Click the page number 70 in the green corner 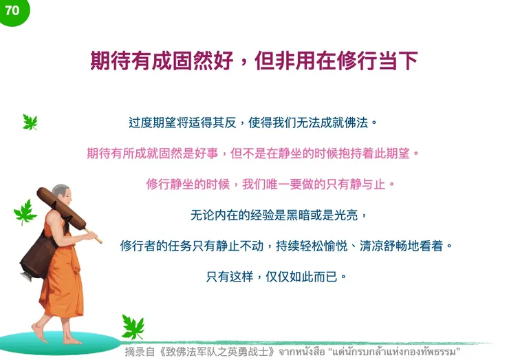tap(12, 10)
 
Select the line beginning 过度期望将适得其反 tap(253, 123)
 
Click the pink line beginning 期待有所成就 tap(252, 153)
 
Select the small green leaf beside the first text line tap(30, 123)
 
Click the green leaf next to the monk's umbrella tap(25, 212)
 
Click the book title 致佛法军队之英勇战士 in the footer tap(199, 352)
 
